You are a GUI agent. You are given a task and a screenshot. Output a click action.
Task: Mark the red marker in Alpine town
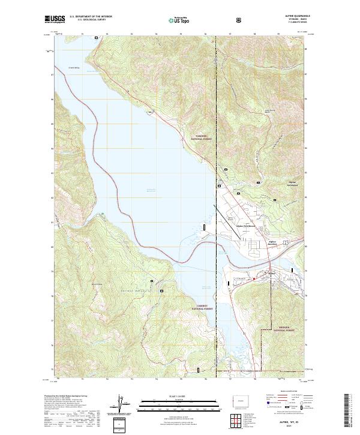[254, 277]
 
